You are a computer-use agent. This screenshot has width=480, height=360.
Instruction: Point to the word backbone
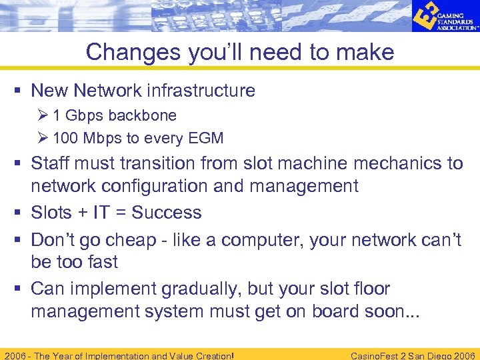tap(143, 115)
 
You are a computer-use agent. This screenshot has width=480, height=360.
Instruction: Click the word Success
tap(166, 213)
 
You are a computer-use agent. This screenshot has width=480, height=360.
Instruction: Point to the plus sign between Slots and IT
tap(81, 213)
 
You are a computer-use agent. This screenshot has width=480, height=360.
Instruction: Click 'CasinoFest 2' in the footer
tap(385, 355)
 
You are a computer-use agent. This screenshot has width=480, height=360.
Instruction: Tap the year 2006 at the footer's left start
tap(15, 355)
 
